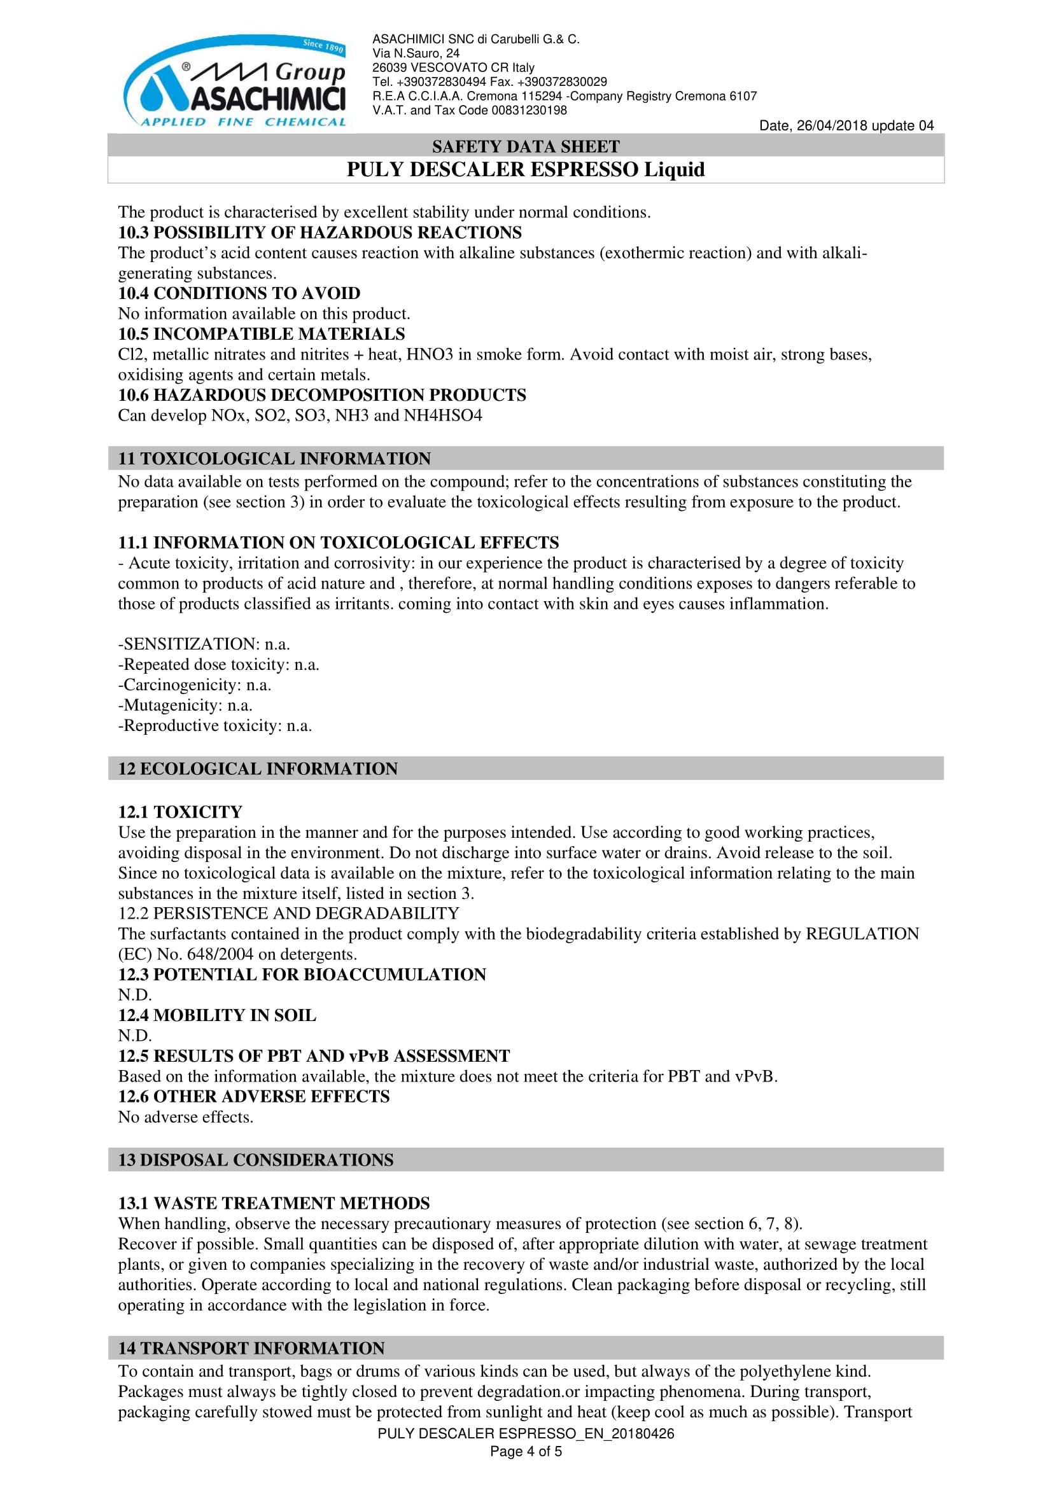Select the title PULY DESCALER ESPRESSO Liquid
click(525, 170)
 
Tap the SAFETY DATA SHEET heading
click(525, 146)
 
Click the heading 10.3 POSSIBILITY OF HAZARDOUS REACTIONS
click(319, 233)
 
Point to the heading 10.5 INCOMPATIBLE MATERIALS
click(261, 334)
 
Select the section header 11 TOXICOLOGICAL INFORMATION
click(274, 458)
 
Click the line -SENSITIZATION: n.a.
click(204, 644)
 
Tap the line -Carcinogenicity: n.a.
click(195, 685)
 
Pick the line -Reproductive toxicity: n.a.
click(214, 726)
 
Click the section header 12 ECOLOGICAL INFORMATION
click(257, 768)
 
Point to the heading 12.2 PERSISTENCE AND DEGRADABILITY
click(288, 913)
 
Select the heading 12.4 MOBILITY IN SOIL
click(217, 1015)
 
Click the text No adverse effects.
click(185, 1117)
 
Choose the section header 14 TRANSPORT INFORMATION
click(251, 1348)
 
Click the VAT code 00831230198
click(529, 110)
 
